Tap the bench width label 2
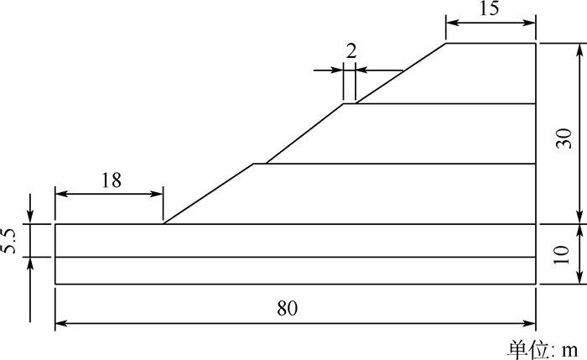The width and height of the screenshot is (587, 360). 351,50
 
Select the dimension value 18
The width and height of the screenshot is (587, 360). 110,180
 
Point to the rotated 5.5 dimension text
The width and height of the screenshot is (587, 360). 9,240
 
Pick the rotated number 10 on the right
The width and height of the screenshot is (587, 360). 564,254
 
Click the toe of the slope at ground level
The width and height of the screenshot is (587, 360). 163,224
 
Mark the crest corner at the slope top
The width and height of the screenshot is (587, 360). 445,43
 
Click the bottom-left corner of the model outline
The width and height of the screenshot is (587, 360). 55,284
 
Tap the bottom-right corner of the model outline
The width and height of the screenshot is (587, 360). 536,284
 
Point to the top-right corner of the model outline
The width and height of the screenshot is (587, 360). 536,43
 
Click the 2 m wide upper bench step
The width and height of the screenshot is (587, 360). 350,103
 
